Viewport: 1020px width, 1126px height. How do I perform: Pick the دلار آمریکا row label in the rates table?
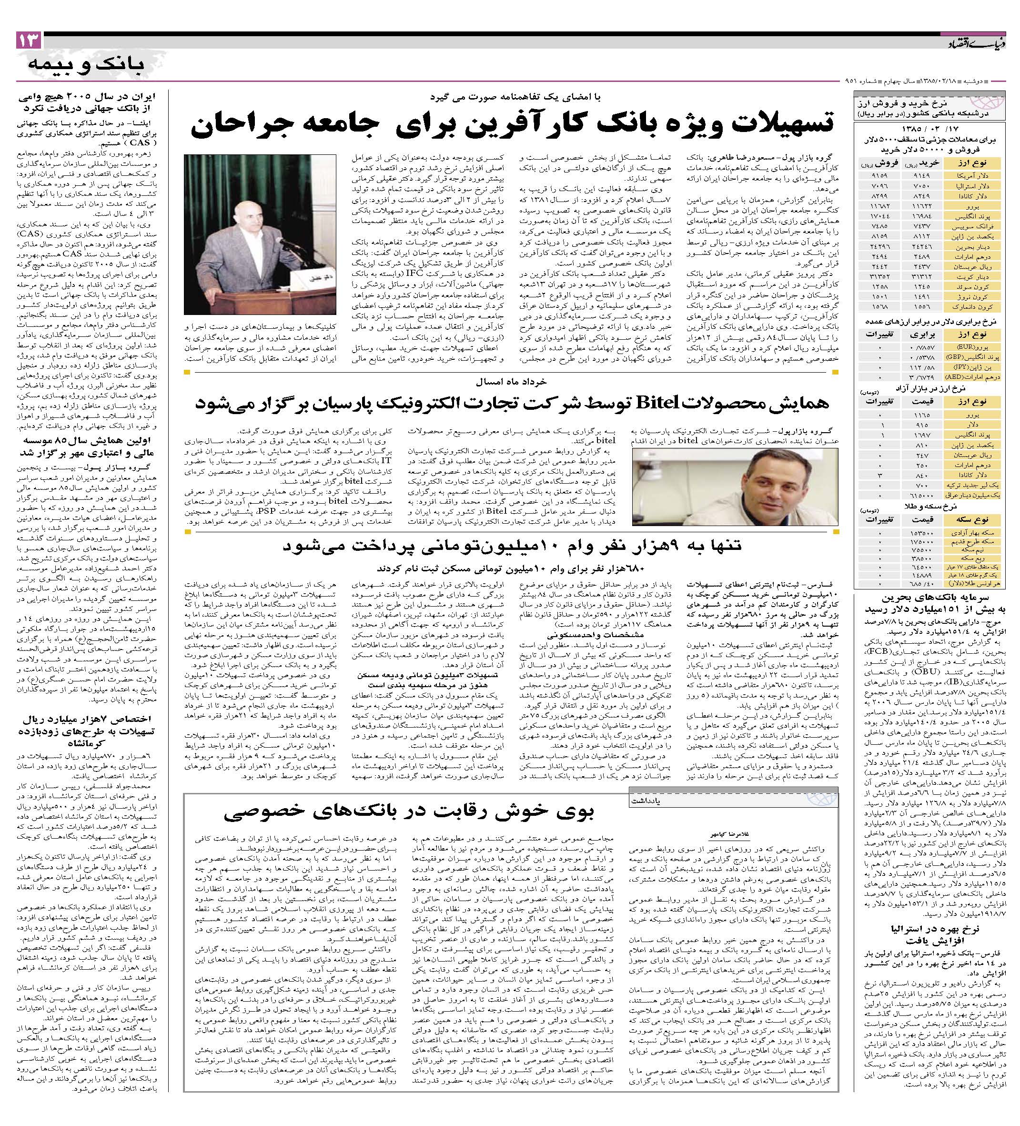(981, 175)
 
